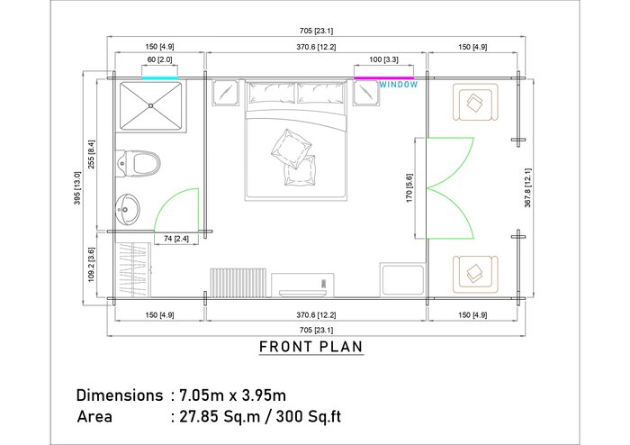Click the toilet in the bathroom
138,164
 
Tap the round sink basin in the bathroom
128,209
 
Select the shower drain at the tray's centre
150,105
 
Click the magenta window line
383,78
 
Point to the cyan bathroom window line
159,78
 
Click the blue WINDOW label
399,85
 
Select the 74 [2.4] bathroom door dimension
176,239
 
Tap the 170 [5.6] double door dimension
409,187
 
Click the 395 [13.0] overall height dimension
77,187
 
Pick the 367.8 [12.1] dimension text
527,187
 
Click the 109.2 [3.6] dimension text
91,264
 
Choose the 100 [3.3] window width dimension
383,59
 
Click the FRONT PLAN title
311,347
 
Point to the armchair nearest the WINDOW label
475,102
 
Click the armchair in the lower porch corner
475,274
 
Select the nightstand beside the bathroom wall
225,93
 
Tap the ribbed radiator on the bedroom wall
238,283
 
